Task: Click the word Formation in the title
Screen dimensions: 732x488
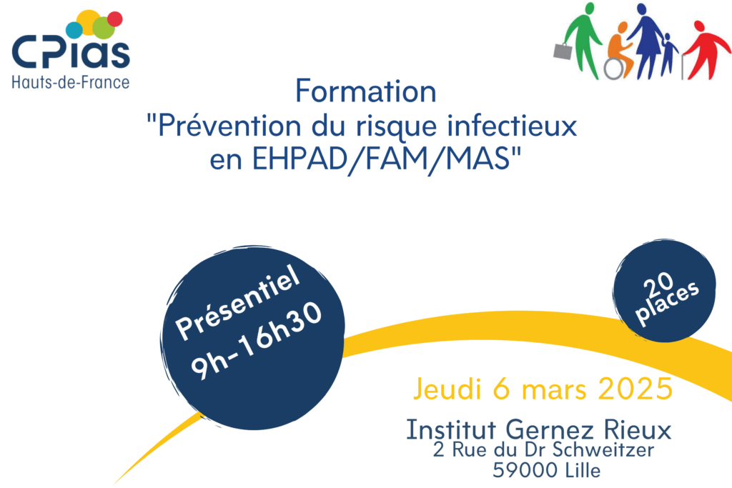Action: pyautogui.click(x=365, y=91)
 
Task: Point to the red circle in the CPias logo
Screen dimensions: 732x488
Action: pyautogui.click(x=115, y=19)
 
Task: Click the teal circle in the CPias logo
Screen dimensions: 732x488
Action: pyautogui.click(x=74, y=30)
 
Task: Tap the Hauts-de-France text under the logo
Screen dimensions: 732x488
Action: pyautogui.click(x=71, y=83)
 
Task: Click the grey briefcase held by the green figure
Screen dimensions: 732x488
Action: pyautogui.click(x=563, y=51)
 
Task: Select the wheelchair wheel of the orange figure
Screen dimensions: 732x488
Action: pyautogui.click(x=613, y=69)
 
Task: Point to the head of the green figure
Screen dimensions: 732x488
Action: pyautogui.click(x=590, y=9)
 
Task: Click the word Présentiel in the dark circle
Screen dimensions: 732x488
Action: pyautogui.click(x=237, y=301)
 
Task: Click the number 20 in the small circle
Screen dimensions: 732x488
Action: pyautogui.click(x=658, y=283)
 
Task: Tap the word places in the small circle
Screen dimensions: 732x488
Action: pyautogui.click(x=668, y=303)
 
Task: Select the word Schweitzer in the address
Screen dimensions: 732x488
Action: pyautogui.click(x=603, y=449)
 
